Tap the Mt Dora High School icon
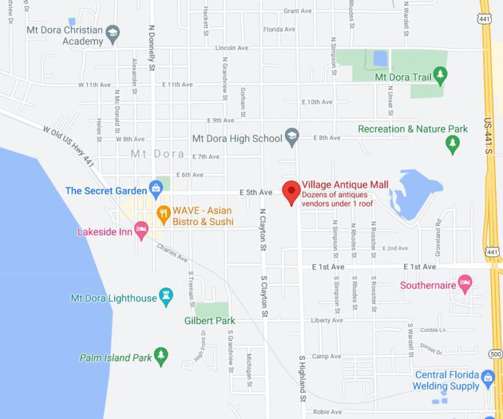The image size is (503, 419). pyautogui.click(x=292, y=138)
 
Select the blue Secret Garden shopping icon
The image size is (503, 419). pyautogui.click(x=156, y=190)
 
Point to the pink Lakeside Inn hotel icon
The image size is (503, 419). pyautogui.click(x=141, y=231)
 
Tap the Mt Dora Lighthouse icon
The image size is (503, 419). pyautogui.click(x=166, y=298)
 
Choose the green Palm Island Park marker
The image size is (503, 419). pyautogui.click(x=161, y=357)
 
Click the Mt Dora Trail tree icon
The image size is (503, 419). pyautogui.click(x=440, y=77)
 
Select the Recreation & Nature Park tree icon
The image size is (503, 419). pyautogui.click(x=453, y=144)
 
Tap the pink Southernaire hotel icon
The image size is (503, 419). pyautogui.click(x=465, y=285)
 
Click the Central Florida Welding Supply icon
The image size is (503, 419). pyautogui.click(x=487, y=378)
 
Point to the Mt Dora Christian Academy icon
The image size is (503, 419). pyautogui.click(x=113, y=34)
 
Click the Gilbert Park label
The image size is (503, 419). pyautogui.click(x=209, y=321)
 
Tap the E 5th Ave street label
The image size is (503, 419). pyautogui.click(x=255, y=192)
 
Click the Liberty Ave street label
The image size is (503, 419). pyautogui.click(x=327, y=320)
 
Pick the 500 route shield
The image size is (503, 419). pyautogui.click(x=496, y=355)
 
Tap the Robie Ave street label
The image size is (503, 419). pyautogui.click(x=327, y=412)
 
